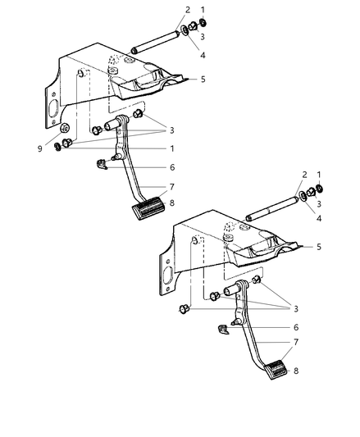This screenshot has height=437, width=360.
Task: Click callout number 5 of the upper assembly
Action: (202, 80)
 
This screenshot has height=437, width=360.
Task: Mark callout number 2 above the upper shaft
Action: (188, 10)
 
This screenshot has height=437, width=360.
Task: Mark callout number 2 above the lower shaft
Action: (303, 174)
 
